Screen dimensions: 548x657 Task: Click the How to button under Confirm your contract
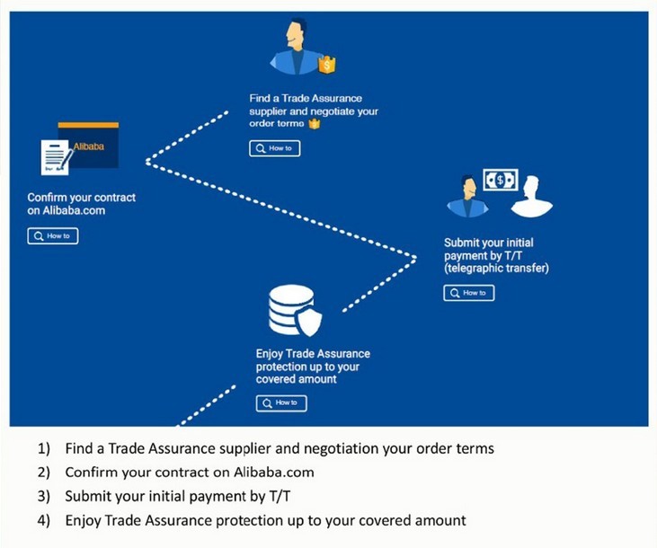pyautogui.click(x=53, y=236)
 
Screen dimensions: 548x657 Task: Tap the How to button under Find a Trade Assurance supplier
pyautogui.click(x=274, y=148)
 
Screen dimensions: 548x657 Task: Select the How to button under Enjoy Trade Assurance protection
pyautogui.click(x=281, y=403)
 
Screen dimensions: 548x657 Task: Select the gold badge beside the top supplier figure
pyautogui.click(x=327, y=65)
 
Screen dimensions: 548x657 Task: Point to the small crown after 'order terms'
pyautogui.click(x=315, y=124)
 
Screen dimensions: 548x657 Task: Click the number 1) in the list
pyautogui.click(x=44, y=447)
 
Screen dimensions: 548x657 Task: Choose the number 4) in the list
pyautogui.click(x=44, y=520)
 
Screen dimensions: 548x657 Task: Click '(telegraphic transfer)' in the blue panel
pyautogui.click(x=496, y=269)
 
